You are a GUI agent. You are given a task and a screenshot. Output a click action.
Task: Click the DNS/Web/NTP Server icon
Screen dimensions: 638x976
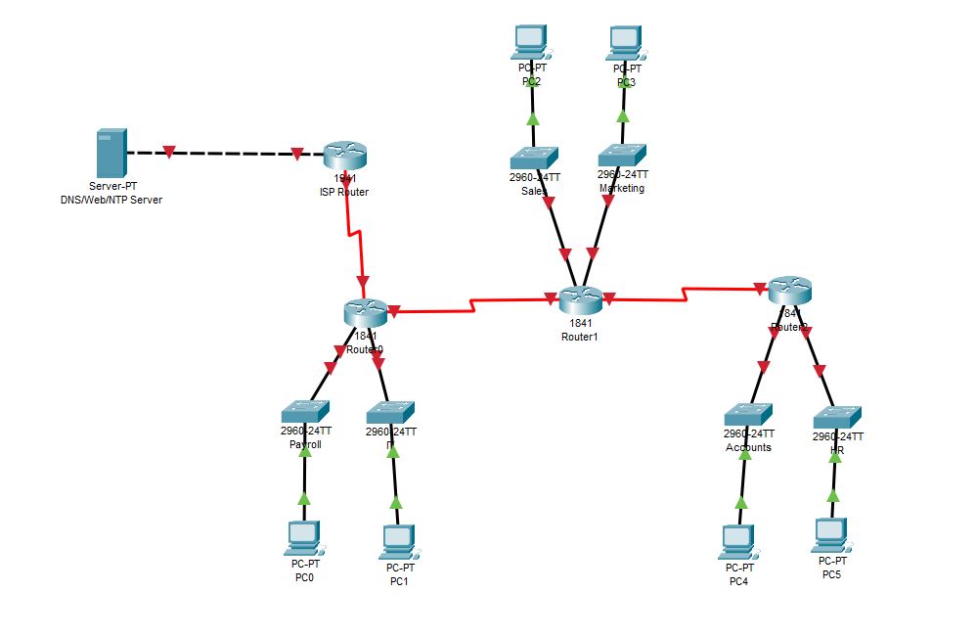click(x=110, y=153)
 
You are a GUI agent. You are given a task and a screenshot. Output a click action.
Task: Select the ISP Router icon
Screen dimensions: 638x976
click(x=344, y=154)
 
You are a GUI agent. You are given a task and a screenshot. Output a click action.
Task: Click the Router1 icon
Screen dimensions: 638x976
click(x=583, y=299)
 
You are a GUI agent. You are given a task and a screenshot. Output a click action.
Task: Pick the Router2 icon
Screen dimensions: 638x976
click(x=790, y=290)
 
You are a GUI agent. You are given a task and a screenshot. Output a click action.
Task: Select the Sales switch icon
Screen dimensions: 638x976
click(x=534, y=158)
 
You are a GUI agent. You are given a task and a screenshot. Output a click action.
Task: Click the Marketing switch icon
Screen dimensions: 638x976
click(x=623, y=155)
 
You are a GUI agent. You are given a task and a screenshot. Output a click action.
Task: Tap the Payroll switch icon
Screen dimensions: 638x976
click(x=305, y=412)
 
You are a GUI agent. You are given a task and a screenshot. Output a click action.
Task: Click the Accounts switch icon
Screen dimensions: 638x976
click(x=749, y=414)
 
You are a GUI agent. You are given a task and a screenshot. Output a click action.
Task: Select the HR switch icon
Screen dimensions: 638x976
click(x=837, y=416)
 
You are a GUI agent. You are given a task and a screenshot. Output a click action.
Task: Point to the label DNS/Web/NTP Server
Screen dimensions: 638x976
click(x=111, y=200)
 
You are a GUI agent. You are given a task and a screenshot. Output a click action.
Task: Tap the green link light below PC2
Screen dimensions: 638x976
click(x=533, y=118)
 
